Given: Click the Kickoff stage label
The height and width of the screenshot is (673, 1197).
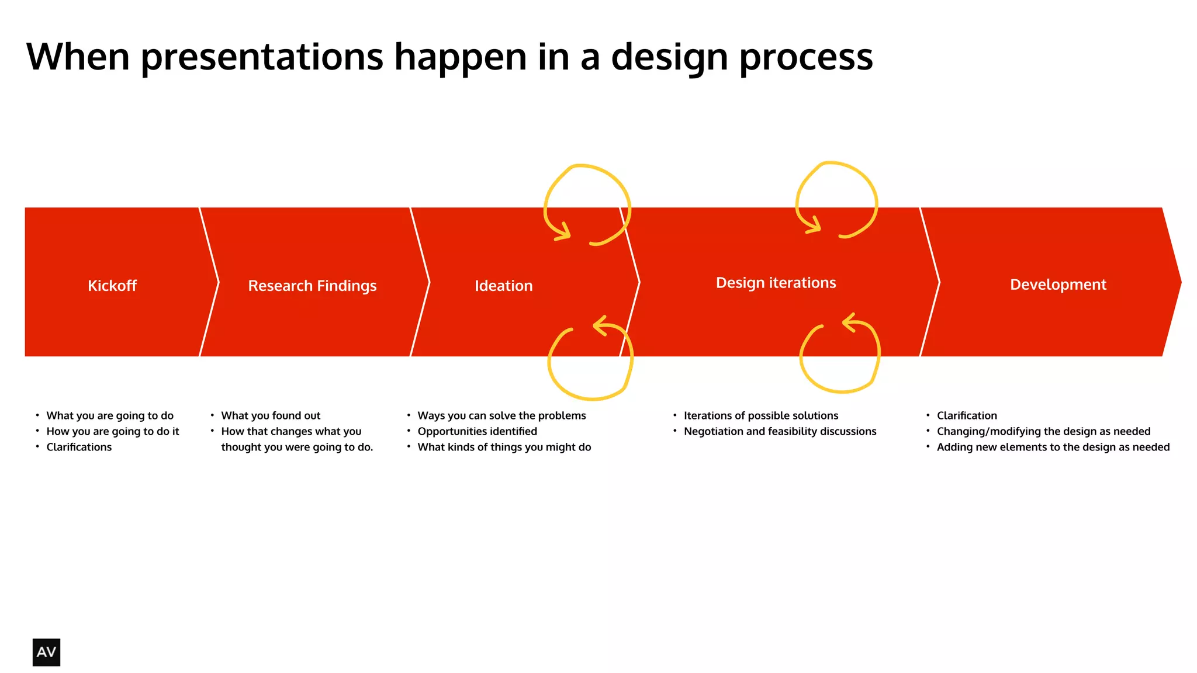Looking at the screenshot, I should (112, 286).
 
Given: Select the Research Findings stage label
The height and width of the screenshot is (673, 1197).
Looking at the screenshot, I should (312, 286).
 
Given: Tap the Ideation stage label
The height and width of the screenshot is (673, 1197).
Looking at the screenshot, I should (503, 286).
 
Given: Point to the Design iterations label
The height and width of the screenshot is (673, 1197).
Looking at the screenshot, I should (776, 283).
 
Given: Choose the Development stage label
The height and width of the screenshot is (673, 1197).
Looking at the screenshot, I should (1058, 285).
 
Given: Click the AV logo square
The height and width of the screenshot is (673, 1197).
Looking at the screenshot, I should (46, 652).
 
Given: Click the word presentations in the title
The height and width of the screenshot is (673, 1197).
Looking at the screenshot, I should (262, 57).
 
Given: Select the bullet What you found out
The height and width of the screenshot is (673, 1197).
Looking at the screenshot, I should (271, 415).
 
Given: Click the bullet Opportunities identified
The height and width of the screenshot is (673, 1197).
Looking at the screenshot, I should (477, 431).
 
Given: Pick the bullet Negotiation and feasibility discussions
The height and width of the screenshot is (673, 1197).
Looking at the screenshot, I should (780, 431).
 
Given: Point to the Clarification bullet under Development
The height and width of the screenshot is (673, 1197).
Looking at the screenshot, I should (967, 415).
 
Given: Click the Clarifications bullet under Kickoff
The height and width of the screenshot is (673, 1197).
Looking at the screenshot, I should (79, 447).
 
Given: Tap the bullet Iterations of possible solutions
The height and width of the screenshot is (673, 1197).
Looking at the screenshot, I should (760, 415).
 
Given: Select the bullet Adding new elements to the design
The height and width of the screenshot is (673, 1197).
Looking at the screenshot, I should (1053, 447).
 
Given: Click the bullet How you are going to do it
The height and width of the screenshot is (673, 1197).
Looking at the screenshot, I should (112, 431).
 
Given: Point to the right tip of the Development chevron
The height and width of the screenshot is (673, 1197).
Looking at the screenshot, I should (1179, 282).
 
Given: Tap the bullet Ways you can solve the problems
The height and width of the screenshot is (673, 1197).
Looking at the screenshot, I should (501, 415).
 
